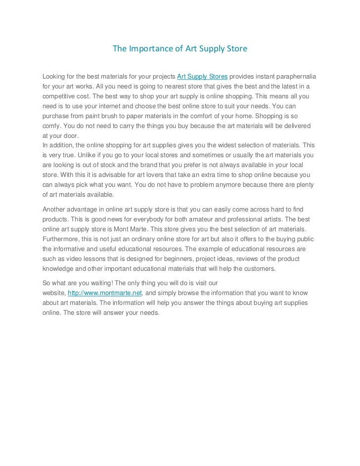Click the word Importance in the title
(x=147, y=49)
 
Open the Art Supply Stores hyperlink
(x=202, y=77)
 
